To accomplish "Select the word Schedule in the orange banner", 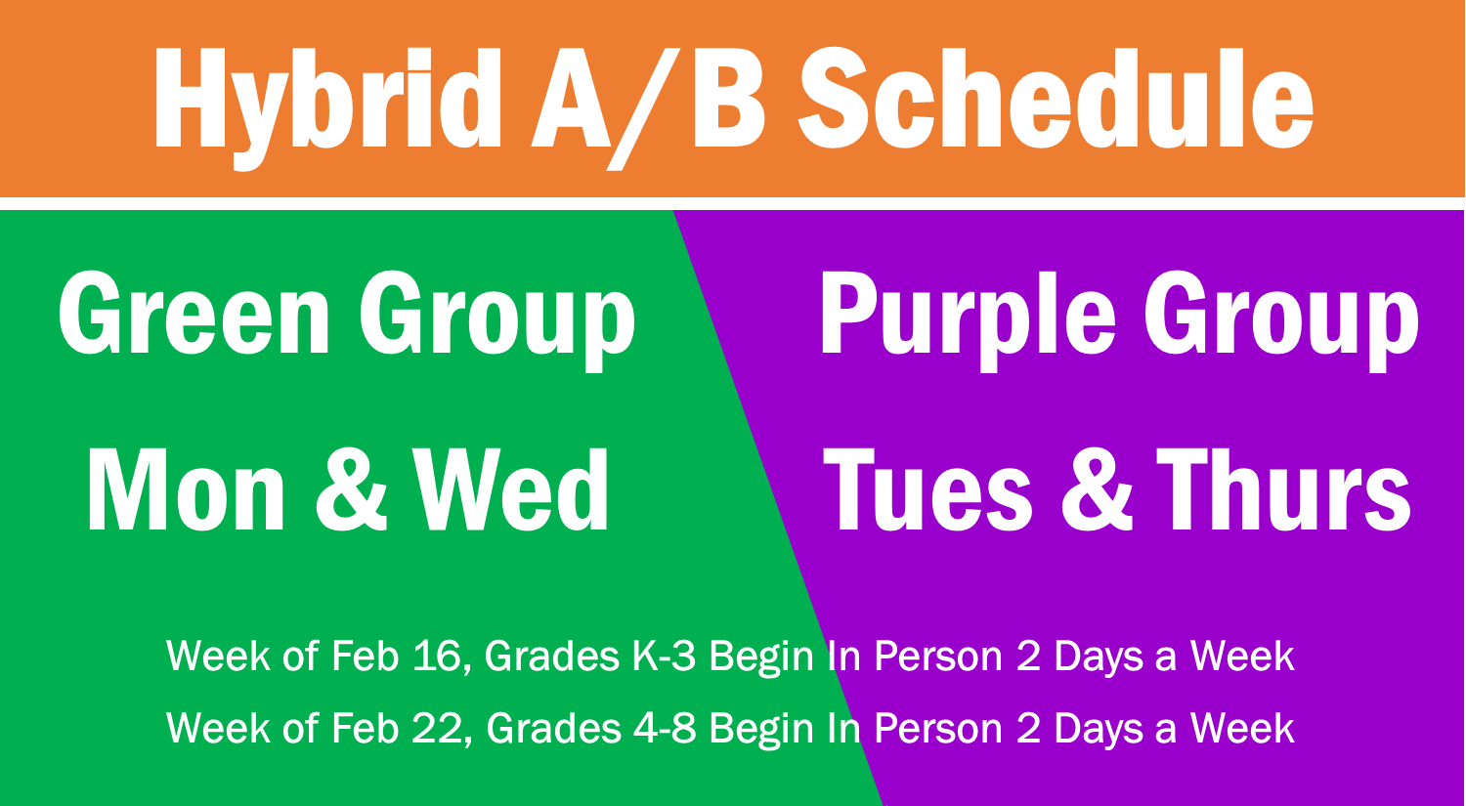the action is point(1056,98).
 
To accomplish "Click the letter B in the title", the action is point(728,98).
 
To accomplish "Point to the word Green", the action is point(194,313).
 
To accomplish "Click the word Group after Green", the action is point(497,320).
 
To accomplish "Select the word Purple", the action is point(968,320).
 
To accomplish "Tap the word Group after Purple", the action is point(1281,320).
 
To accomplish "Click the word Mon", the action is point(186,489).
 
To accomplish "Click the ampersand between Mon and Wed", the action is point(352,489).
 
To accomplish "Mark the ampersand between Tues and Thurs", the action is point(1097,489).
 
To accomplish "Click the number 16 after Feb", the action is point(440,656).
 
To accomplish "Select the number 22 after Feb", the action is point(440,728).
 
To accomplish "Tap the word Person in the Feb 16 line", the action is point(938,656).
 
